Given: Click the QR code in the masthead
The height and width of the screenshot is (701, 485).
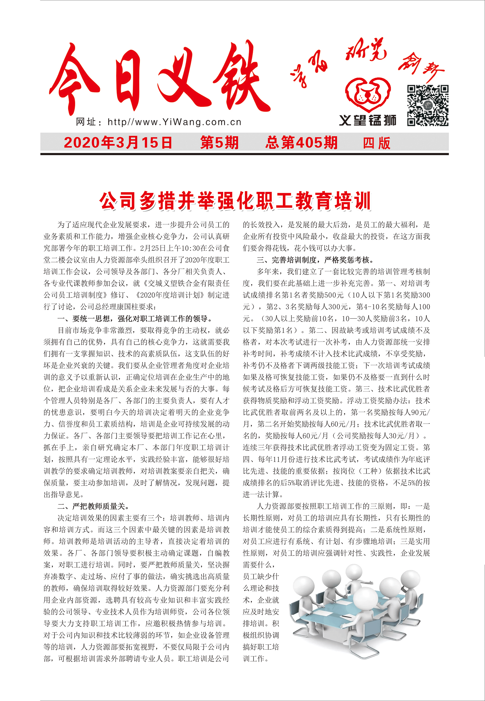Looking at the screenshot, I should click(428, 105).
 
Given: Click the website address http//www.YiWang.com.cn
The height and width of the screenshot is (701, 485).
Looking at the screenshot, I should click(174, 122).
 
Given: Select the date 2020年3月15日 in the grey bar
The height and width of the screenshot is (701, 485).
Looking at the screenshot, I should click(118, 143).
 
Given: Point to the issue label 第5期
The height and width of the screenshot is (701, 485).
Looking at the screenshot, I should click(219, 143).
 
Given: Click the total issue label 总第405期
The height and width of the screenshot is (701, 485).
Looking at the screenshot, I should click(301, 143).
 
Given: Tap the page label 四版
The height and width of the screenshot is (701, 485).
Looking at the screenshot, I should click(377, 143).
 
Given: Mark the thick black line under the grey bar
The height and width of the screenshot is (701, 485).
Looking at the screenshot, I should click(244, 154).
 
